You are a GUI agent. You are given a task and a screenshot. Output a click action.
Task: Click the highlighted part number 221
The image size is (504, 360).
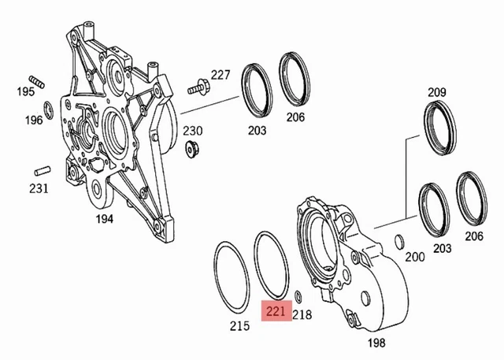pyautogui.click(x=276, y=312)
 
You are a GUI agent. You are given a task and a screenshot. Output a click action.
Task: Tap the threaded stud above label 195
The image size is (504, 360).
pyautogui.click(x=34, y=79)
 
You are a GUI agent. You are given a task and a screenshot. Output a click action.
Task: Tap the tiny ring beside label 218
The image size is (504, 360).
pyautogui.click(x=298, y=297)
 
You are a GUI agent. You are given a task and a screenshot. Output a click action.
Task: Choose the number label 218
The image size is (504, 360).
pyautogui.click(x=303, y=314)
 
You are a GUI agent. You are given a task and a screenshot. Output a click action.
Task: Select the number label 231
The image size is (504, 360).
pyautogui.click(x=39, y=188)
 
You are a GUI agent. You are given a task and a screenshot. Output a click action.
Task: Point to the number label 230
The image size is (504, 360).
pyautogui.click(x=194, y=130)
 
